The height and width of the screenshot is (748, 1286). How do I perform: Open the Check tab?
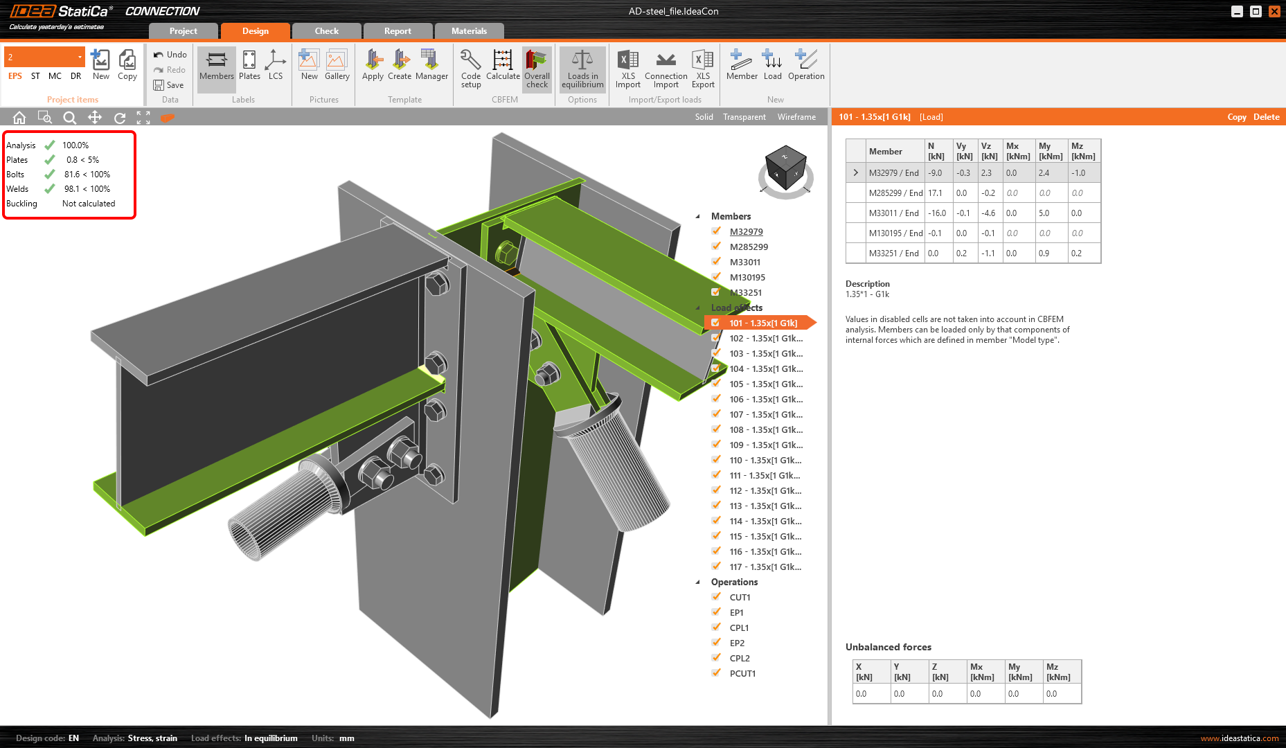click(x=326, y=31)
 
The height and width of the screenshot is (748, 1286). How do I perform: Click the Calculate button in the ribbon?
click(x=503, y=68)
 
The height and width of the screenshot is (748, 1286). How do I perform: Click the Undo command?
click(x=170, y=55)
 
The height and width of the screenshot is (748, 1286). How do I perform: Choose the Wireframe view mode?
click(x=796, y=117)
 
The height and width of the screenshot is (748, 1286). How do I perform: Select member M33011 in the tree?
click(x=744, y=262)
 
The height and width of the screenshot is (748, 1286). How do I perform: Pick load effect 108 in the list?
click(x=765, y=430)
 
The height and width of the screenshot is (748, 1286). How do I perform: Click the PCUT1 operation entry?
click(x=742, y=674)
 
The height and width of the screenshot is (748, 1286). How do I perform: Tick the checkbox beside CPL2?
click(x=716, y=658)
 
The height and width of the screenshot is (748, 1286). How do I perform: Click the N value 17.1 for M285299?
click(x=936, y=193)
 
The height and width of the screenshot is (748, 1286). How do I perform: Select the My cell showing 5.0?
click(x=1044, y=213)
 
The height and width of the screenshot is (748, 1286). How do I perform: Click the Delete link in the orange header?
click(x=1266, y=117)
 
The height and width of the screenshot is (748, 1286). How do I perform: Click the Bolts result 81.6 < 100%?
click(x=87, y=175)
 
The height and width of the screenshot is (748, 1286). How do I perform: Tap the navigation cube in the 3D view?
click(x=785, y=170)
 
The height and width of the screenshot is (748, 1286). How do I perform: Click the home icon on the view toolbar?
click(x=19, y=118)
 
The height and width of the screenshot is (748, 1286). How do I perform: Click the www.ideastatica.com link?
click(x=1239, y=738)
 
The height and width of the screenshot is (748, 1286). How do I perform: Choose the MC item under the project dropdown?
click(x=55, y=76)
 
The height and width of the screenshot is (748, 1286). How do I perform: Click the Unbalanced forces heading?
click(x=888, y=647)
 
